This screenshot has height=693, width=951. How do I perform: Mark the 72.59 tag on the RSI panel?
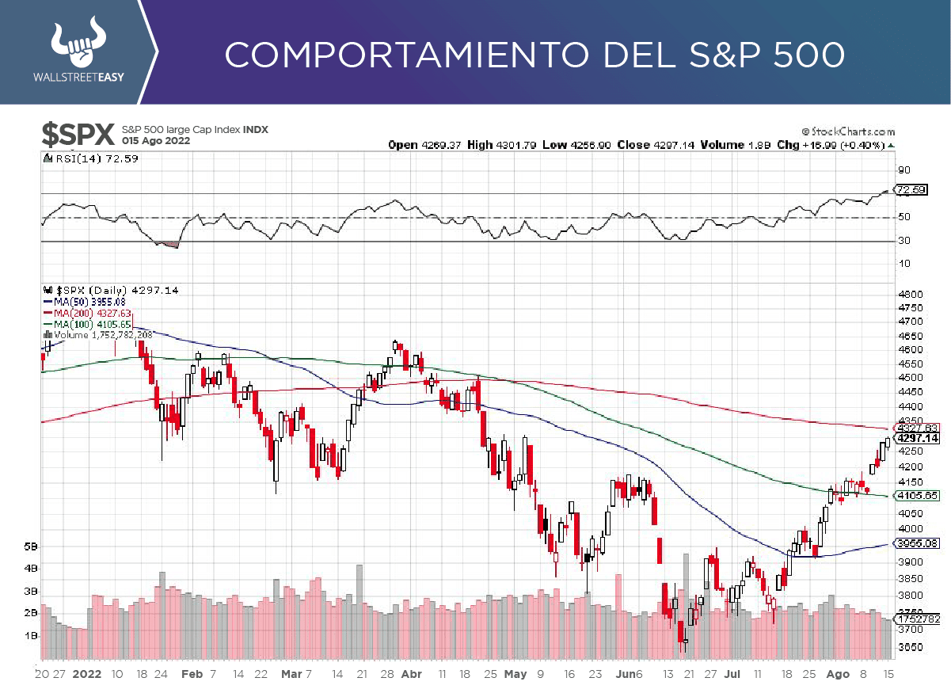(909, 189)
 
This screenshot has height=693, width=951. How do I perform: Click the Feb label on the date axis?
(192, 674)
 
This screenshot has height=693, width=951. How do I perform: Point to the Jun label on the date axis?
(625, 674)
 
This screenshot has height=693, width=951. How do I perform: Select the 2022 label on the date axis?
(87, 674)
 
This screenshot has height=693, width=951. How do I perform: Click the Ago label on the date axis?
(838, 674)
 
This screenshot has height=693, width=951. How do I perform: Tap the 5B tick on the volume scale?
(31, 546)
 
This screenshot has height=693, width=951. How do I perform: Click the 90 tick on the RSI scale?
(903, 169)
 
